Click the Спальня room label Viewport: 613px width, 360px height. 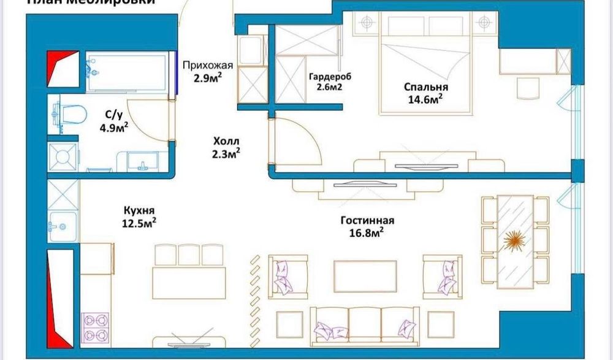tap(422, 87)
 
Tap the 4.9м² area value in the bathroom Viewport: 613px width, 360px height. tap(114, 127)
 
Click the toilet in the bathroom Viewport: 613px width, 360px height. tap(70, 113)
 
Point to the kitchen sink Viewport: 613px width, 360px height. tap(63, 227)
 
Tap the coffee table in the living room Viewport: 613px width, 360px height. tap(365, 275)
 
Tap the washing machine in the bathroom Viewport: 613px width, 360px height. tap(62, 158)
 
